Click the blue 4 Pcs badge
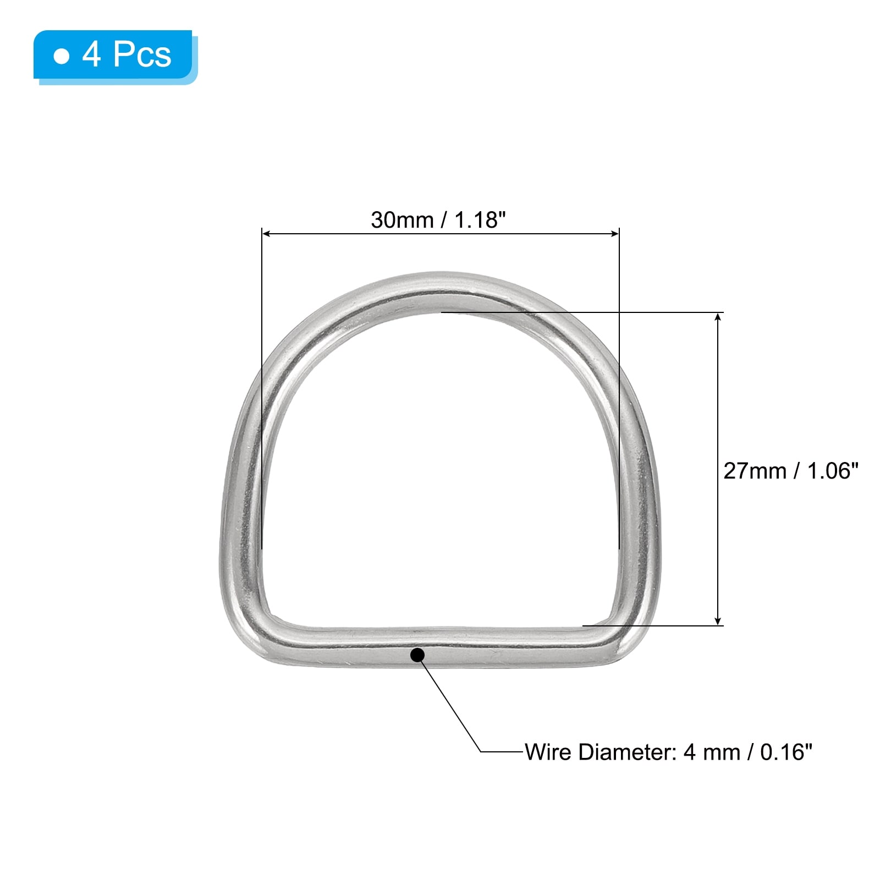(115, 56)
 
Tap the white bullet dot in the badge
(62, 56)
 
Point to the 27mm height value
(755, 471)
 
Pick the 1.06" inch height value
(832, 471)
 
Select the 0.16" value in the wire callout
(786, 752)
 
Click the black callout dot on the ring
(417, 655)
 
